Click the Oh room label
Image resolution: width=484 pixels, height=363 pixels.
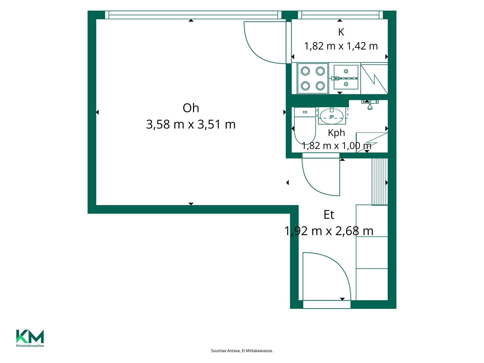(x=191, y=108)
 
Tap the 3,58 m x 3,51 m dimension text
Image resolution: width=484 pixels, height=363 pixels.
(x=191, y=125)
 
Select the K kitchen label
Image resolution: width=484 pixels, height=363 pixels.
(x=341, y=32)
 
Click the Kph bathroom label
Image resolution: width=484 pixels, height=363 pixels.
(x=336, y=133)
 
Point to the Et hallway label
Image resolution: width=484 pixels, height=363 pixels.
(x=329, y=215)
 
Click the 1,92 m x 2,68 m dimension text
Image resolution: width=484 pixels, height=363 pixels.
(x=329, y=231)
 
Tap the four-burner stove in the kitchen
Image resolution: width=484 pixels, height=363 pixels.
(x=313, y=78)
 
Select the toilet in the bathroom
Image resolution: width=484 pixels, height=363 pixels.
(x=305, y=126)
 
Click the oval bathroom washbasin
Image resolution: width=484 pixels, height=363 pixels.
(x=332, y=116)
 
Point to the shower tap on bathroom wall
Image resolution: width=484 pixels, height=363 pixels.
(x=370, y=105)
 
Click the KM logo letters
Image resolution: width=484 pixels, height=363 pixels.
(x=30, y=336)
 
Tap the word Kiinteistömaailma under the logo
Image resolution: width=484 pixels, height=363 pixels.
(x=30, y=346)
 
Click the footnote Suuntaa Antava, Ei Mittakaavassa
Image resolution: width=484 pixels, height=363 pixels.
(x=242, y=351)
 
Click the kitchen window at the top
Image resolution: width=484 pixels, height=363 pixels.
(x=340, y=15)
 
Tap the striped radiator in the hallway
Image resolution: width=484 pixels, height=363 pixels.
(x=380, y=181)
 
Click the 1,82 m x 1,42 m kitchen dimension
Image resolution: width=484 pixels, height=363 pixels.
(x=341, y=46)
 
